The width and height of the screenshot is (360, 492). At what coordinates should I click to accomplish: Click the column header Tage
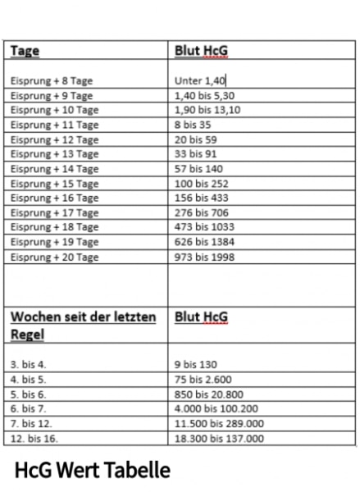(x=25, y=51)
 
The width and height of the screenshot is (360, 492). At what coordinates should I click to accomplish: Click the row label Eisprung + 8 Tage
(x=51, y=80)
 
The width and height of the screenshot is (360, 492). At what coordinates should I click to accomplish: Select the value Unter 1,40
(x=200, y=80)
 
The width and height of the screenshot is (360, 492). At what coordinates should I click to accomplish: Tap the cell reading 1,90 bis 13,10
(x=207, y=110)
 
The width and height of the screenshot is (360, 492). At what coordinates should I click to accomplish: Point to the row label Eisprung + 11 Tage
(x=54, y=125)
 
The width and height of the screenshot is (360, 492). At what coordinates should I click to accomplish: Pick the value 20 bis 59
(x=195, y=139)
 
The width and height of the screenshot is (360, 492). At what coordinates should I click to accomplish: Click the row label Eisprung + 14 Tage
(x=54, y=169)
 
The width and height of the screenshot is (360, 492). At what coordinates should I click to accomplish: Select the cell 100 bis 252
(x=201, y=184)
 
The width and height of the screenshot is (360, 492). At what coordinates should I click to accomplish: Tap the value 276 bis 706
(x=201, y=212)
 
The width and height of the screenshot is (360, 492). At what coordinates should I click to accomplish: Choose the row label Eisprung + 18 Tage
(x=54, y=227)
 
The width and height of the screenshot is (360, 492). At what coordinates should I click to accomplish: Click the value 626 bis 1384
(x=204, y=242)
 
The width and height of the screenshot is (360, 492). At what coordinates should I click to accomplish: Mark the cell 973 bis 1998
(x=204, y=257)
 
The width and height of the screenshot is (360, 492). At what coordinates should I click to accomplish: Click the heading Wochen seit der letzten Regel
(x=82, y=326)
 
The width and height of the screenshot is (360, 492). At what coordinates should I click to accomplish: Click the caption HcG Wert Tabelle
(x=92, y=471)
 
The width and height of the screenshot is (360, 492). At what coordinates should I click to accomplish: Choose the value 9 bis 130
(x=195, y=364)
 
